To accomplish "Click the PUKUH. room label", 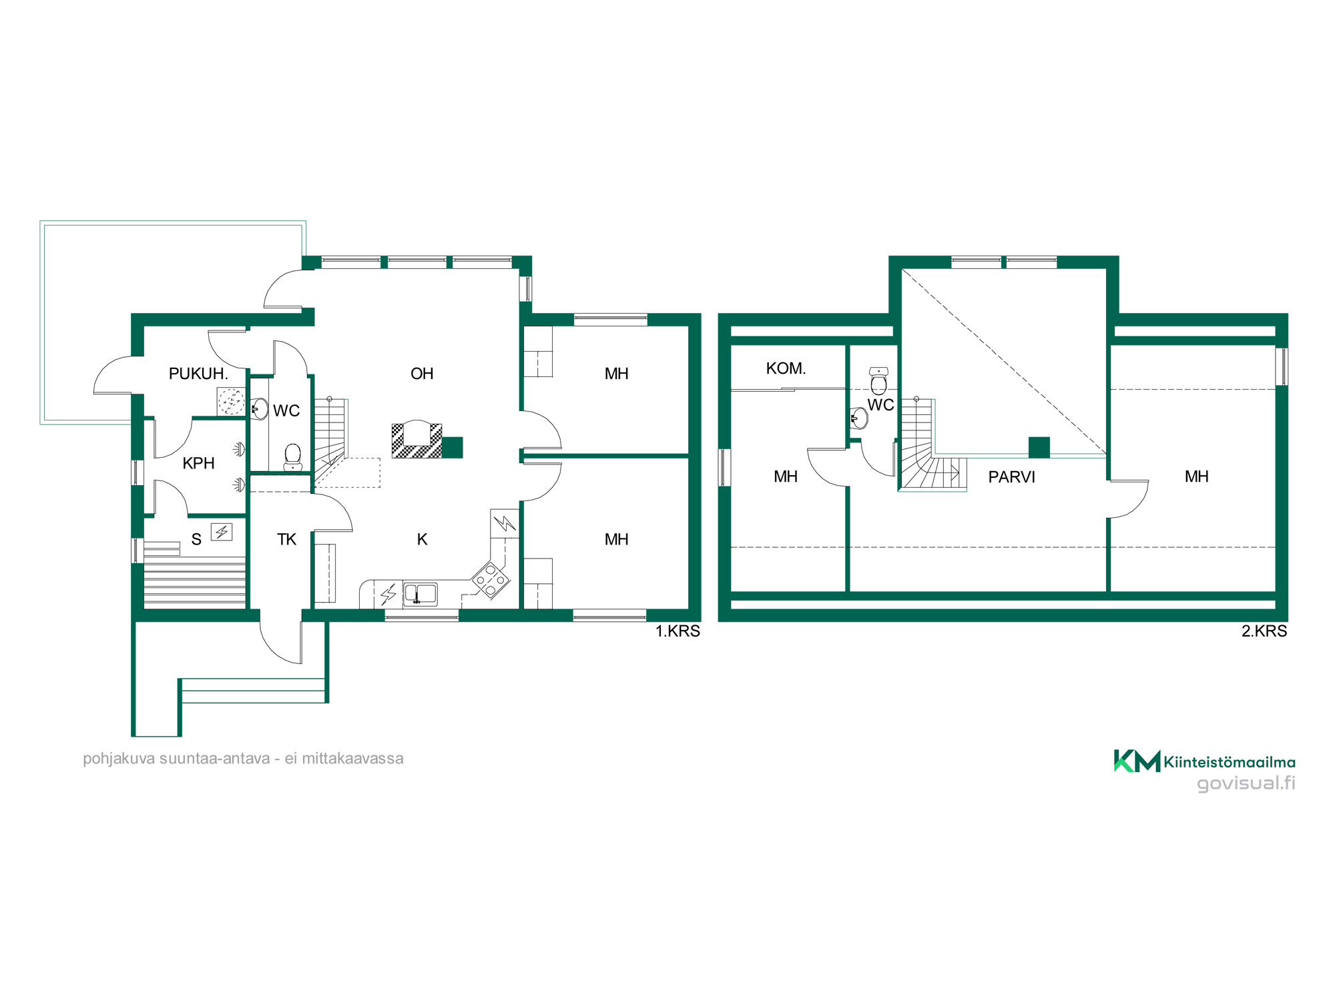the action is click(198, 374).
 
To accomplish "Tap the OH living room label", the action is click(422, 374).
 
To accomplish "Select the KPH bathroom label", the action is click(198, 463).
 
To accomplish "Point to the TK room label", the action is click(286, 539).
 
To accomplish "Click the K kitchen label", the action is click(422, 539).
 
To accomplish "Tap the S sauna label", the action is click(196, 539).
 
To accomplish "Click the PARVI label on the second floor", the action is click(1011, 477).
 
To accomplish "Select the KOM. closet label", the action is click(786, 368).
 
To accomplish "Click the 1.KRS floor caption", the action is click(678, 631).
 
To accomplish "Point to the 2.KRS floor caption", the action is click(1264, 631).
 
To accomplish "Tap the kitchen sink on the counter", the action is click(420, 593).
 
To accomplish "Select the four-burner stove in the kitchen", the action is click(491, 580).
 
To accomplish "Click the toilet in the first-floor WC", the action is click(292, 457).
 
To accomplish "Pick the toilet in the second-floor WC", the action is click(878, 380).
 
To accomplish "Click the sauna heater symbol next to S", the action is click(222, 532).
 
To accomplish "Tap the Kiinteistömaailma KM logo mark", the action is click(1137, 761).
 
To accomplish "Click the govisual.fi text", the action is click(1246, 783).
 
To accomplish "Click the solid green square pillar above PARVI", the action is click(1039, 447).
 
